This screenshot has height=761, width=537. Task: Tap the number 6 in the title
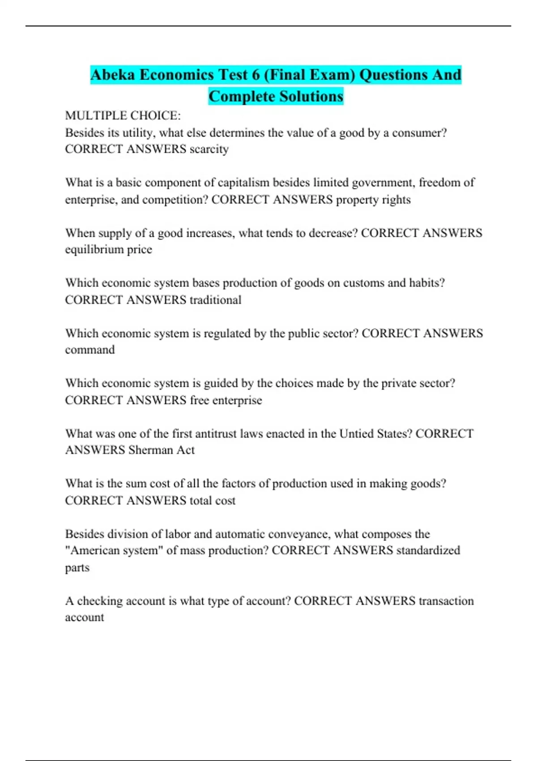[256, 74]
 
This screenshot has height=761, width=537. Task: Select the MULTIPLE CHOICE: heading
[123, 115]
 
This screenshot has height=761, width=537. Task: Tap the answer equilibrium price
[109, 249]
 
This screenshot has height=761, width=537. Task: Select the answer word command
[90, 350]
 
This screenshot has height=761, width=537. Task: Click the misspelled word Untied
[358, 434]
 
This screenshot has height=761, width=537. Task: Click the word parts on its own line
[77, 568]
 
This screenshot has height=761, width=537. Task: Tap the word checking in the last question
[100, 601]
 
